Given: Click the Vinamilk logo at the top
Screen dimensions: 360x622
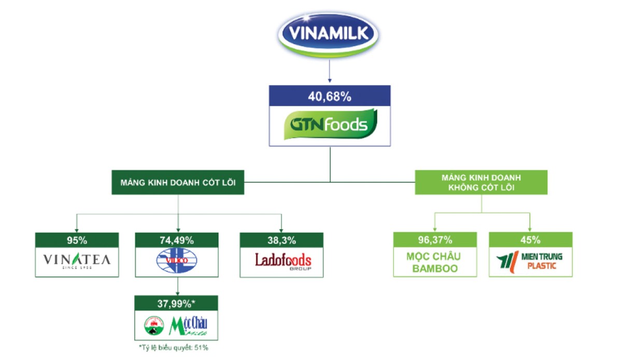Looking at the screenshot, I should (330, 33).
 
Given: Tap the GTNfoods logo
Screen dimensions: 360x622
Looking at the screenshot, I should (330, 125).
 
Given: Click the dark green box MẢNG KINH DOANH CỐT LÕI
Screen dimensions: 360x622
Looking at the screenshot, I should (178, 183).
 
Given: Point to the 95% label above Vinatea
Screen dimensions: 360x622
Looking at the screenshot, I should (77, 240).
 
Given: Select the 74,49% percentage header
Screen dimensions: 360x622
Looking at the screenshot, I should (177, 240).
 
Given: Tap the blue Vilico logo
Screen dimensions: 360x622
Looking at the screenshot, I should (177, 261).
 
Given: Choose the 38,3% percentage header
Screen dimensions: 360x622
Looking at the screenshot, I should (281, 240).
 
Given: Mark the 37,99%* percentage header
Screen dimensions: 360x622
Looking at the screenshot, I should (177, 302).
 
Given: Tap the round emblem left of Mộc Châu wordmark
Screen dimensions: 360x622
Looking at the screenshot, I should (153, 325).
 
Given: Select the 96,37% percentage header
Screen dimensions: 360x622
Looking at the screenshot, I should (435, 240).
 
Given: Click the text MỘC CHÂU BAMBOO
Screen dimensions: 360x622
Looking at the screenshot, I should (435, 262).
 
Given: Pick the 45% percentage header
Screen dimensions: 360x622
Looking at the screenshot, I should (530, 240).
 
